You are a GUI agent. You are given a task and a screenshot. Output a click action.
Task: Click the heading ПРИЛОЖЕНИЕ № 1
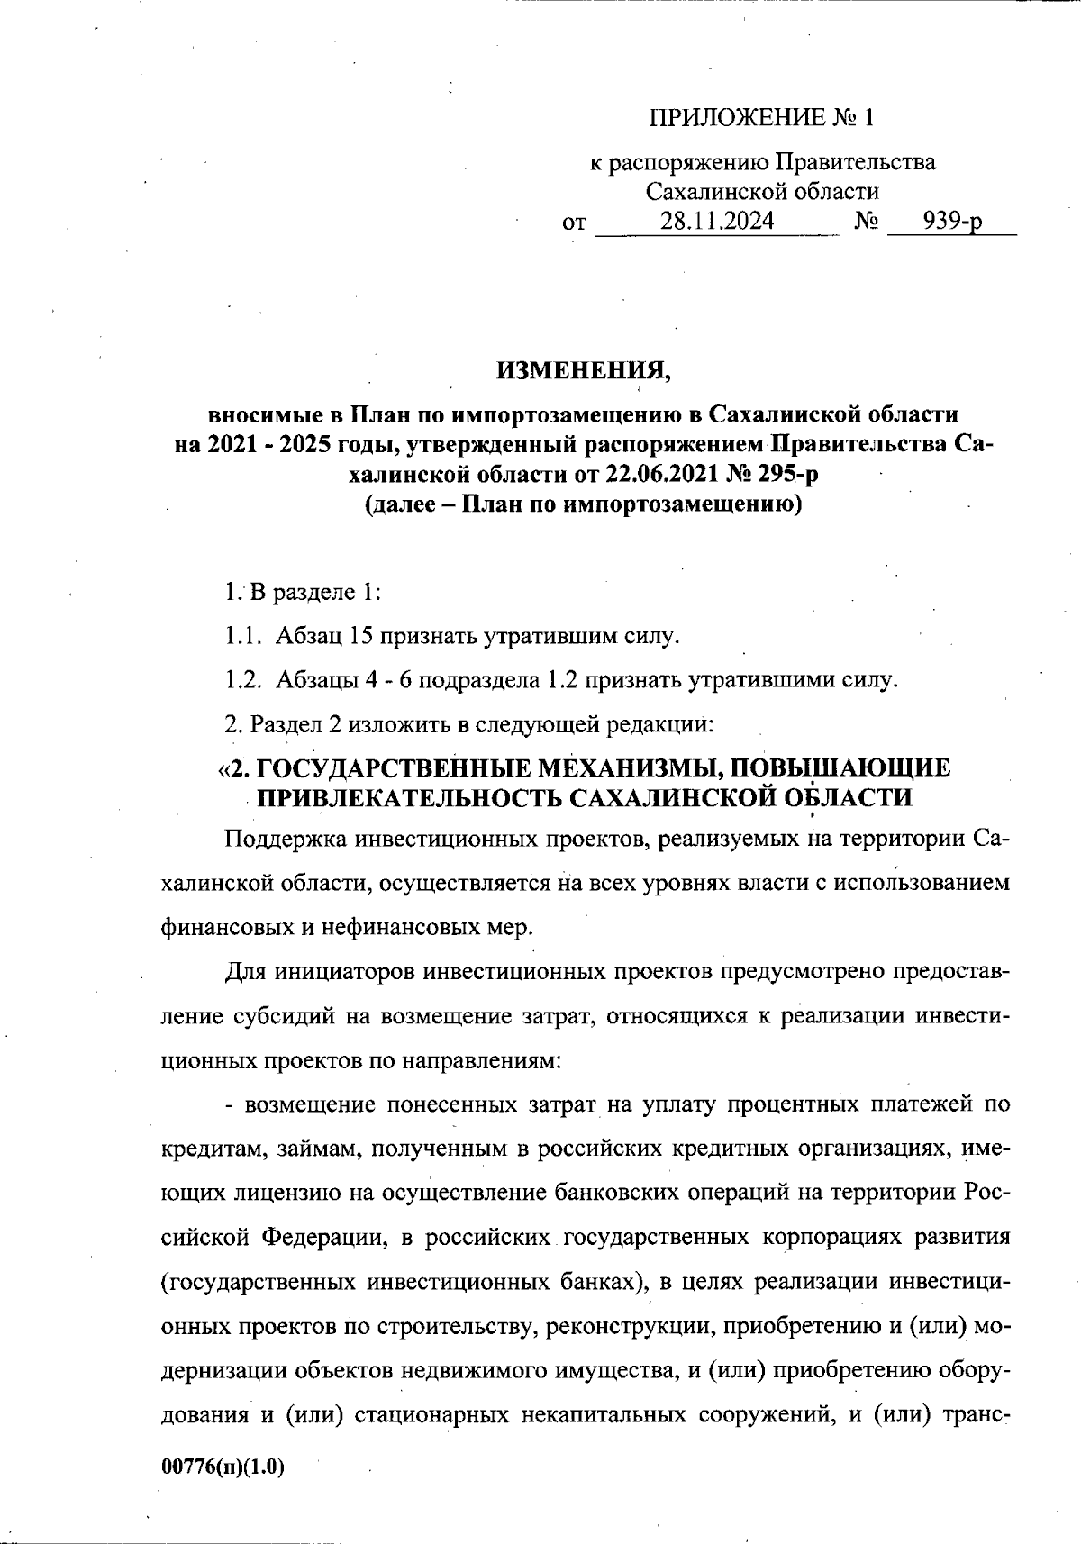761,118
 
